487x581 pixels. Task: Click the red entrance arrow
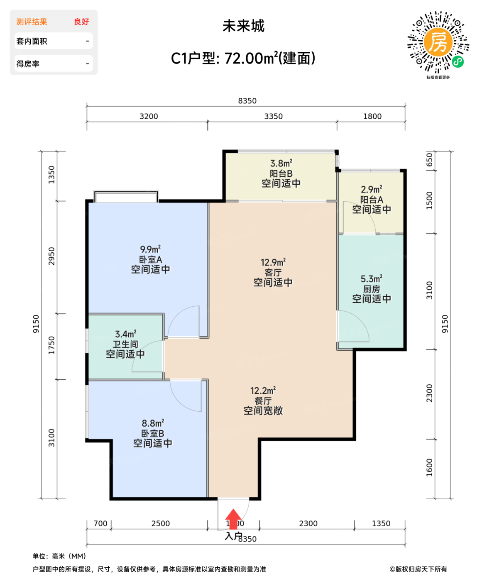pyautogui.click(x=233, y=519)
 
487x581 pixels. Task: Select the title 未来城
pyautogui.click(x=243, y=26)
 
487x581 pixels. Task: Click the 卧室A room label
pyautogui.click(x=150, y=259)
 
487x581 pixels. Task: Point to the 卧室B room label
pyautogui.click(x=152, y=433)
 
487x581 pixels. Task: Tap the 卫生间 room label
pyautogui.click(x=125, y=344)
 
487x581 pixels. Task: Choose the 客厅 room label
pyautogui.click(x=273, y=273)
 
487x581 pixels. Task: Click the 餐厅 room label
pyautogui.click(x=263, y=401)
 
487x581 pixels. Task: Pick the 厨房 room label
pyautogui.click(x=371, y=289)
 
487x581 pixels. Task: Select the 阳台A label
pyautogui.click(x=371, y=200)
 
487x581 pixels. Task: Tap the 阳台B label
pyautogui.click(x=281, y=173)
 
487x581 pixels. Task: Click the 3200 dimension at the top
pyautogui.click(x=149, y=117)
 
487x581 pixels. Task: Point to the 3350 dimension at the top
pyautogui.click(x=273, y=117)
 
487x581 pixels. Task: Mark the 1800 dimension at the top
pyautogui.click(x=372, y=117)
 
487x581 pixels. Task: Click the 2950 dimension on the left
pyautogui.click(x=51, y=256)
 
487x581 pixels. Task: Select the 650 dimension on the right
pyautogui.click(x=429, y=160)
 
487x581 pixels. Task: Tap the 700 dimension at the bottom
pyautogui.click(x=100, y=524)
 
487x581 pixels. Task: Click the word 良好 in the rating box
pyautogui.click(x=81, y=22)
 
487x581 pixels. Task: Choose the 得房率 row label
pyautogui.click(x=28, y=64)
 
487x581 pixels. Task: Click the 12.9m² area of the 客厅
pyautogui.click(x=273, y=262)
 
